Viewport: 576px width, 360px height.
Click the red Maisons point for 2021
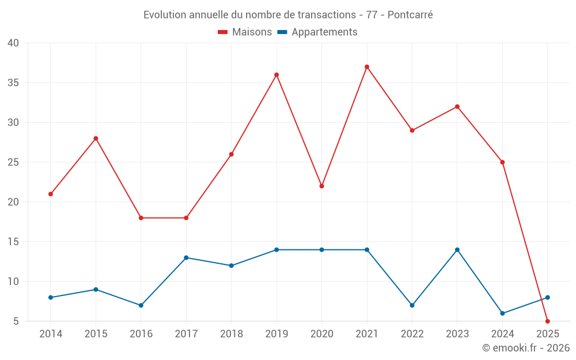pos(367,67)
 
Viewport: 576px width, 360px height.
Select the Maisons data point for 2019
pos(276,75)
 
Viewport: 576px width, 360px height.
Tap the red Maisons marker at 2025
pos(548,321)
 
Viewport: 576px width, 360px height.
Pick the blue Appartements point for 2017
pos(186,257)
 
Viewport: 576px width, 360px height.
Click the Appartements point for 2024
pos(502,313)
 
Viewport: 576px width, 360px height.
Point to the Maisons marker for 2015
pos(96,138)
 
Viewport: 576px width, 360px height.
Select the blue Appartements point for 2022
pos(412,305)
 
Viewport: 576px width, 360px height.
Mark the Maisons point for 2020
pos(321,186)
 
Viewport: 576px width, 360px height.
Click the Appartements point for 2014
pos(51,297)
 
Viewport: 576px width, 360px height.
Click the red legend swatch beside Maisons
pos(223,32)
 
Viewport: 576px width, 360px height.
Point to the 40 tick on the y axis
pos(13,43)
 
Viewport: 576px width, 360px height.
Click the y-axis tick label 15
pos(13,242)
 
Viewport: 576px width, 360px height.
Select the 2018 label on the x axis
pos(231,334)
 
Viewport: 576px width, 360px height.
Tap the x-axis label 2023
pos(457,334)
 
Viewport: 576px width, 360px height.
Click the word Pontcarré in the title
pos(410,15)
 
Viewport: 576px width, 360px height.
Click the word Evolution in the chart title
pos(165,15)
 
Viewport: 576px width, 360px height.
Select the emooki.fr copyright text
pos(526,348)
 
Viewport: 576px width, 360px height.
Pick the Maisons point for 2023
pos(457,107)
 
